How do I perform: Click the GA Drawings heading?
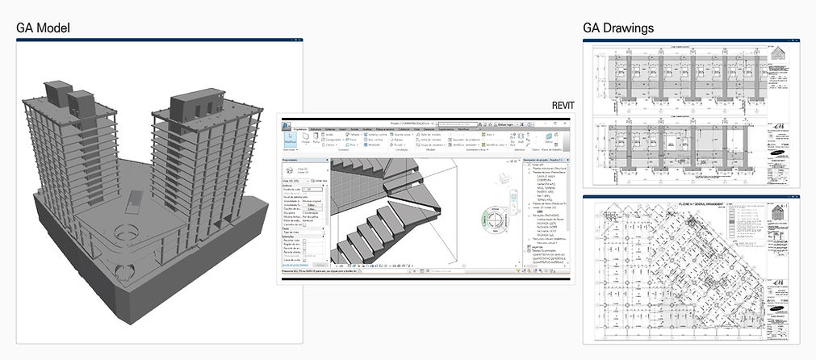[618, 28]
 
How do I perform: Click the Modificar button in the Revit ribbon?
[290, 138]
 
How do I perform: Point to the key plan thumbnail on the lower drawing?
[780, 213]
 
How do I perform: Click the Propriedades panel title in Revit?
[291, 161]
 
